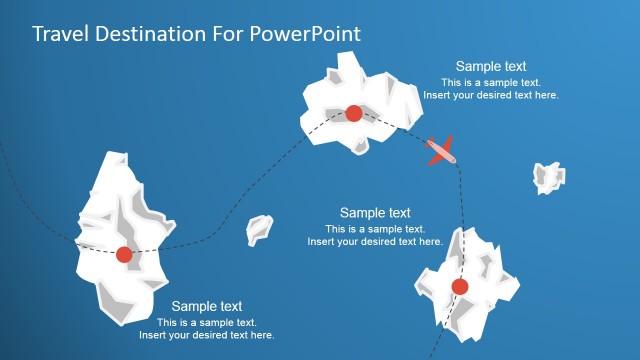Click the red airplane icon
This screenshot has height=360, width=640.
441,151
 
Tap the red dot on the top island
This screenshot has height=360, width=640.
353,113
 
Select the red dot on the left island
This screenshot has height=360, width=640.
124,255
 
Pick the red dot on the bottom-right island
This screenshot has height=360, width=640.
459,287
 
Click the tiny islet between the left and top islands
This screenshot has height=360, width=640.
259,230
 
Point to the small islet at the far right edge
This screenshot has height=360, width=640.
548,177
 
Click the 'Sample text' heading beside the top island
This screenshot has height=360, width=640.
491,66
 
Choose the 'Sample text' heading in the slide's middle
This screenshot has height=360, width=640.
375,212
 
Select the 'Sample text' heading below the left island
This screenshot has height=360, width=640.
207,306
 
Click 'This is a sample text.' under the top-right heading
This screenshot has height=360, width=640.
491,82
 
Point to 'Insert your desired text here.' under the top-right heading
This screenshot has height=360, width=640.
491,95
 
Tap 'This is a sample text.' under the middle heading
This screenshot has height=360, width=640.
375,228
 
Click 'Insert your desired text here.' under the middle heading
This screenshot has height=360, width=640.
375,241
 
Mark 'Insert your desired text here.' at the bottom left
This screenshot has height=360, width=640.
207,335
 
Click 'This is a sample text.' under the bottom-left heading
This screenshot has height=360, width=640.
207,322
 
